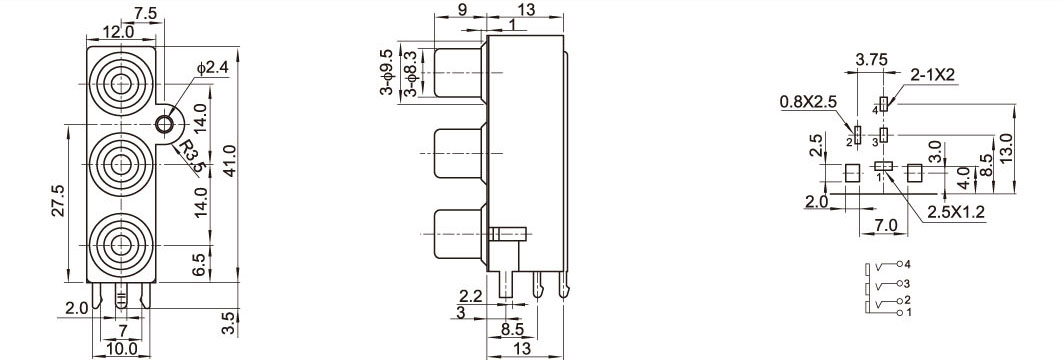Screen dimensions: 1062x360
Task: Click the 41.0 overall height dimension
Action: pos(230,161)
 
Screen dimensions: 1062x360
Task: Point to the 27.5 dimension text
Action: pos(59,201)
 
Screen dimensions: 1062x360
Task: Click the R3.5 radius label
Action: pos(190,154)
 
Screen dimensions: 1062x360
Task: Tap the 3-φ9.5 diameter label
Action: pos(387,72)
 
